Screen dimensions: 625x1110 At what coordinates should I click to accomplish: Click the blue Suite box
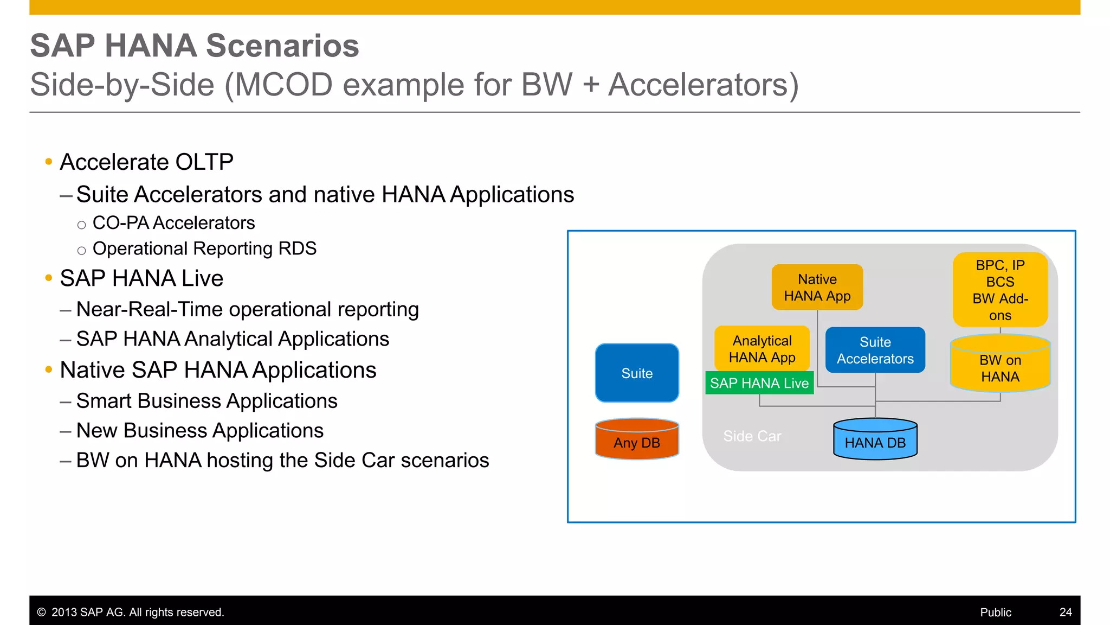tap(637, 373)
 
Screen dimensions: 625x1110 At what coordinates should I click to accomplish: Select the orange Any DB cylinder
tap(637, 440)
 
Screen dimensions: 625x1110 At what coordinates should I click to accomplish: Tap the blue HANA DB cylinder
tap(875, 440)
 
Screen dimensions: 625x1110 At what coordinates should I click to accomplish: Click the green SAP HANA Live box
tap(759, 383)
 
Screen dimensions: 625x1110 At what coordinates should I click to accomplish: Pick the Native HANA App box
tap(817, 288)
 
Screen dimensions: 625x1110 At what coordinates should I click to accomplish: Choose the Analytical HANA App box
tap(761, 348)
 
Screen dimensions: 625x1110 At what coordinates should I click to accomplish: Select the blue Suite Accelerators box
tap(875, 350)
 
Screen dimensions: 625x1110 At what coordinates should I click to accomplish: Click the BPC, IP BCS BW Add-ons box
tap(1000, 290)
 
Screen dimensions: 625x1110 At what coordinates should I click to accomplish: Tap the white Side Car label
tap(752, 436)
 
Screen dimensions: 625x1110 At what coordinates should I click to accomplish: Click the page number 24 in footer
tap(1065, 612)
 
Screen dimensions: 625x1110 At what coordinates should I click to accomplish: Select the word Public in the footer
tap(995, 612)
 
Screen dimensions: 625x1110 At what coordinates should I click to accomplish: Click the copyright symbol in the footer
tap(41, 613)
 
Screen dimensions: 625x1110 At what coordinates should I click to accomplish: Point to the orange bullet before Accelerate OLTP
tap(49, 162)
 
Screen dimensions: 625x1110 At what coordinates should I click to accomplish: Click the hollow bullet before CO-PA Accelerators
tap(81, 225)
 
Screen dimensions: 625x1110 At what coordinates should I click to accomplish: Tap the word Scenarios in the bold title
tap(282, 46)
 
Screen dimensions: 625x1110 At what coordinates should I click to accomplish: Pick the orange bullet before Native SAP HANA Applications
tap(49, 370)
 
